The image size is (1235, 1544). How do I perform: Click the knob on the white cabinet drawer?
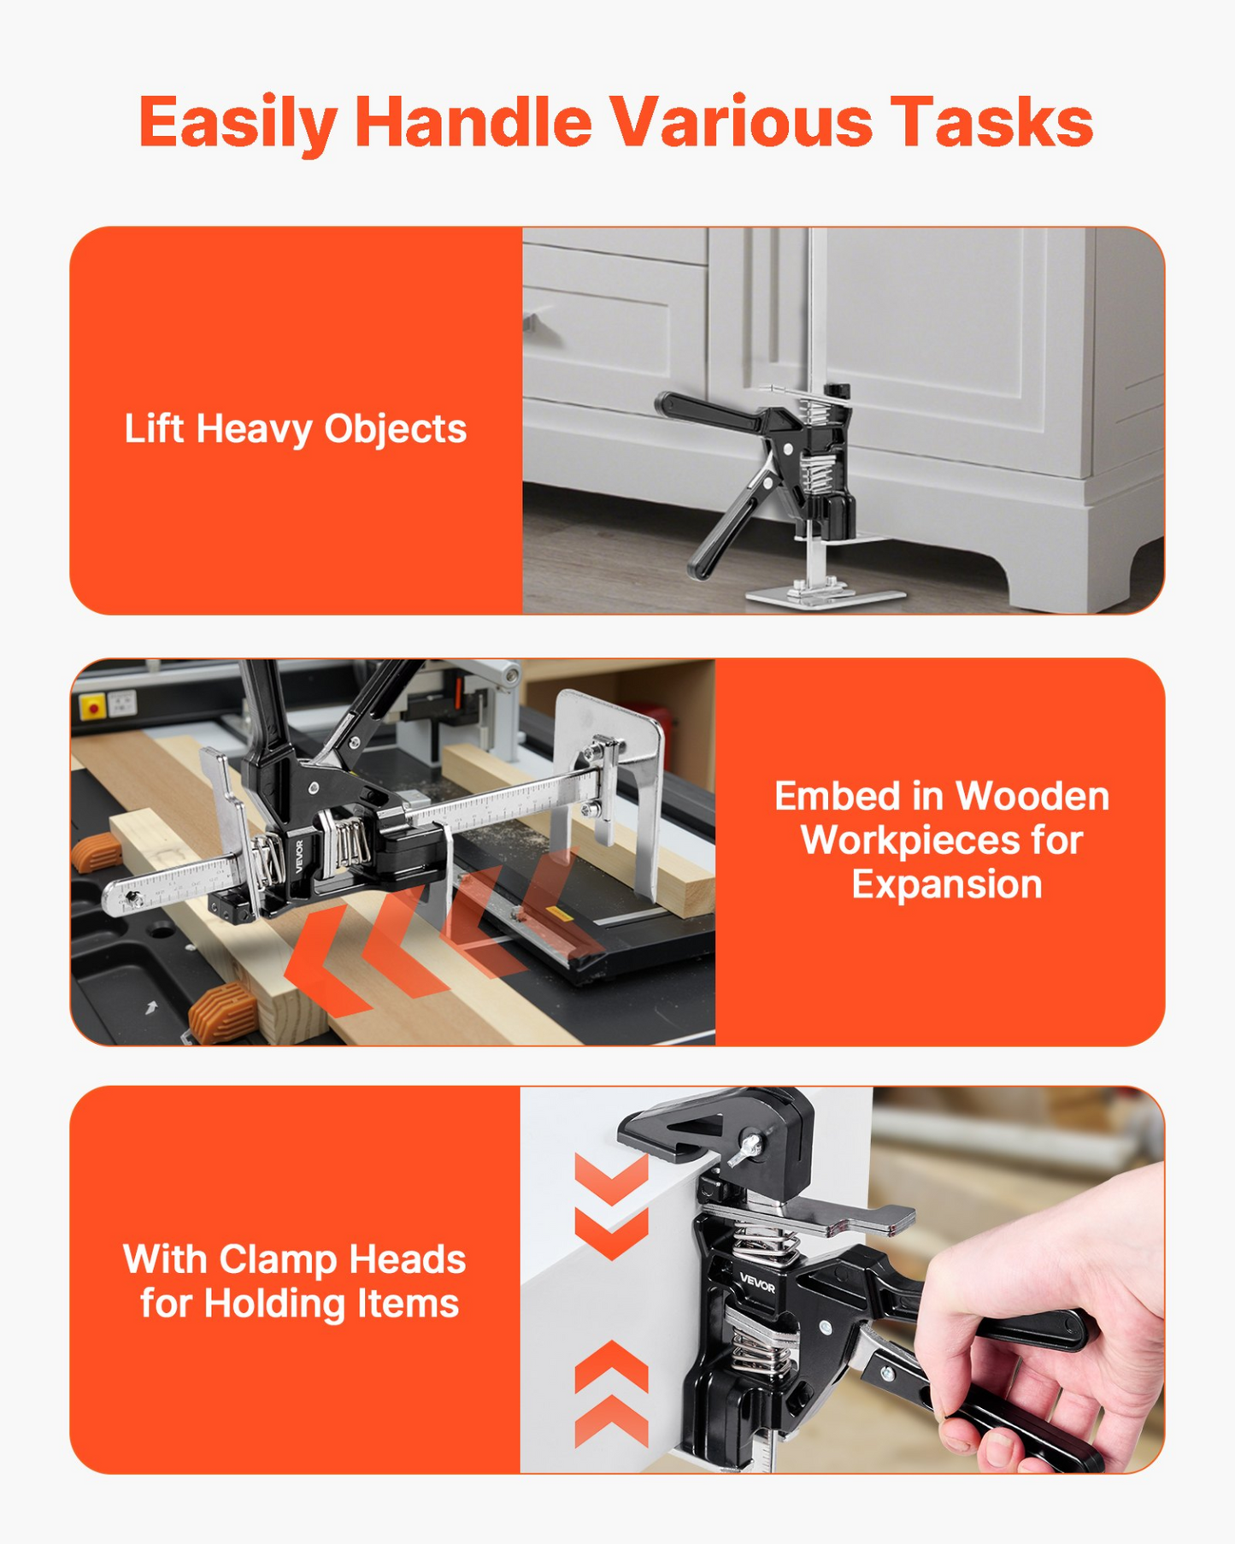coord(532,323)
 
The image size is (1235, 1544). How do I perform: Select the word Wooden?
coord(1032,797)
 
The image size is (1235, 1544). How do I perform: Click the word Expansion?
coord(947,885)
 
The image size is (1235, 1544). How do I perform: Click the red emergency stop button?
coord(92,707)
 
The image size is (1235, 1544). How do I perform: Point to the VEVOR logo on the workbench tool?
coord(300,857)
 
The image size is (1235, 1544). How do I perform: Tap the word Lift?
coord(154,428)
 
